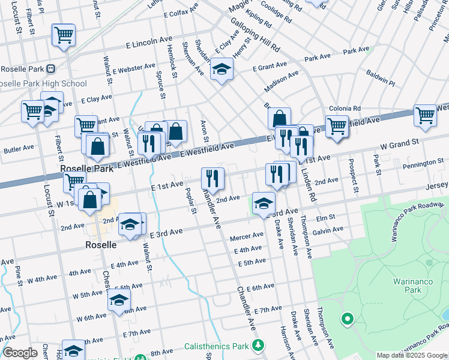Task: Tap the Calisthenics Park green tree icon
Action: pos(258,346)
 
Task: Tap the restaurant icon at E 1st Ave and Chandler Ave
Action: pos(212,177)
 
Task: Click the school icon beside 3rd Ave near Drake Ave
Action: pos(263,202)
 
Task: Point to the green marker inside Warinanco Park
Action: pos(346,318)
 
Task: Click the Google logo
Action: pos(20,353)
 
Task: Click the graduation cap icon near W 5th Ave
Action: pos(119,299)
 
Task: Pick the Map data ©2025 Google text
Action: pos(412,355)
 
